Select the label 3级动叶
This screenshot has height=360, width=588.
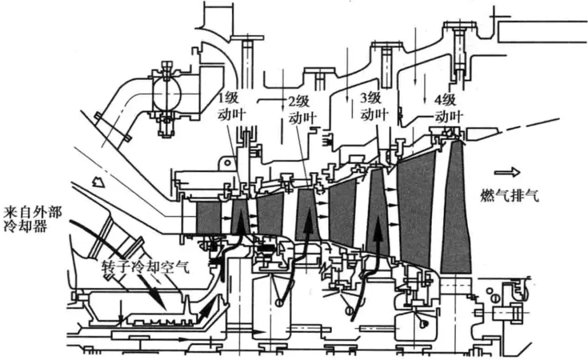click(373, 107)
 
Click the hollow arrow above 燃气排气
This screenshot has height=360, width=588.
click(507, 173)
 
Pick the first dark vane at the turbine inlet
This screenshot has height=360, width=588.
click(209, 217)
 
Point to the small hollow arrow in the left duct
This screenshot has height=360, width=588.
click(98, 182)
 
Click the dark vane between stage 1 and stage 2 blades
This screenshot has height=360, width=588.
click(270, 215)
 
